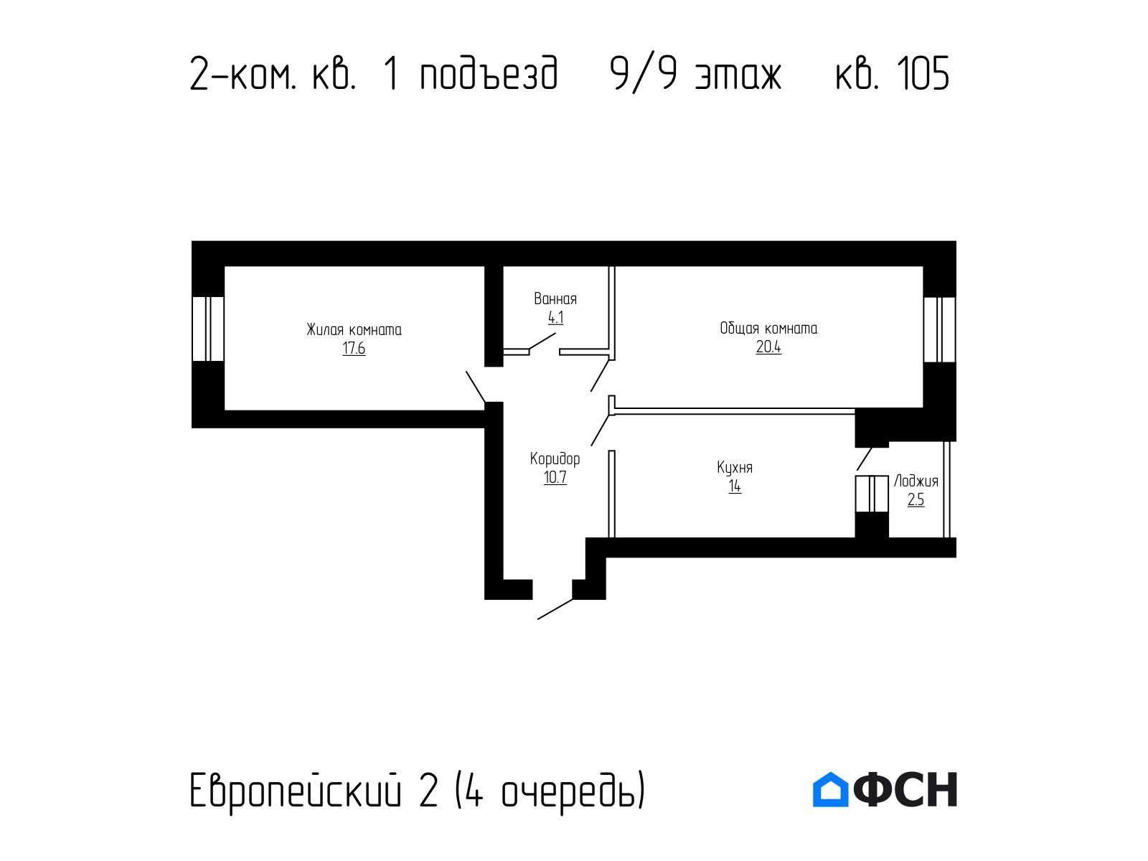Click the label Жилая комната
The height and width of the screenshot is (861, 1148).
(354, 330)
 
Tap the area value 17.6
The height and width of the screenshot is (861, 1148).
(354, 348)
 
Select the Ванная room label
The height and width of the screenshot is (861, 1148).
(555, 299)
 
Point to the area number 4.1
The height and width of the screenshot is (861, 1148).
(555, 317)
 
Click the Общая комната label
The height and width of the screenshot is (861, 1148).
(768, 329)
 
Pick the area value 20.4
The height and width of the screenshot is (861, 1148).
(768, 347)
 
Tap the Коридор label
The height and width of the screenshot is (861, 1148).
(555, 459)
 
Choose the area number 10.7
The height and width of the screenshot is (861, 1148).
(555, 477)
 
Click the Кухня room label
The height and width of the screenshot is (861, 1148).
(735, 468)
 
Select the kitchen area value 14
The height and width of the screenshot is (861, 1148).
(735, 486)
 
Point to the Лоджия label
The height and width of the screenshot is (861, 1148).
(916, 481)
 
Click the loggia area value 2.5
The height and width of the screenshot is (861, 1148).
(916, 500)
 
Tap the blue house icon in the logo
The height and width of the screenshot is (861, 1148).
(831, 790)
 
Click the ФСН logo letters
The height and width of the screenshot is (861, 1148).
(905, 790)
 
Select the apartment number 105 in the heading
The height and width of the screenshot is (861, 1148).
(923, 74)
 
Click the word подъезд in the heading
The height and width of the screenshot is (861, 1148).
(489, 74)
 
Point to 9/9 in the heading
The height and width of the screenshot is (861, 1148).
(644, 74)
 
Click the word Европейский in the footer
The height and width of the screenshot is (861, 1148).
(296, 791)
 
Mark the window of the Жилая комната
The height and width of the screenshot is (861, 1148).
(208, 329)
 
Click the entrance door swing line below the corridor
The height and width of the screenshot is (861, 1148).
(555, 609)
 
